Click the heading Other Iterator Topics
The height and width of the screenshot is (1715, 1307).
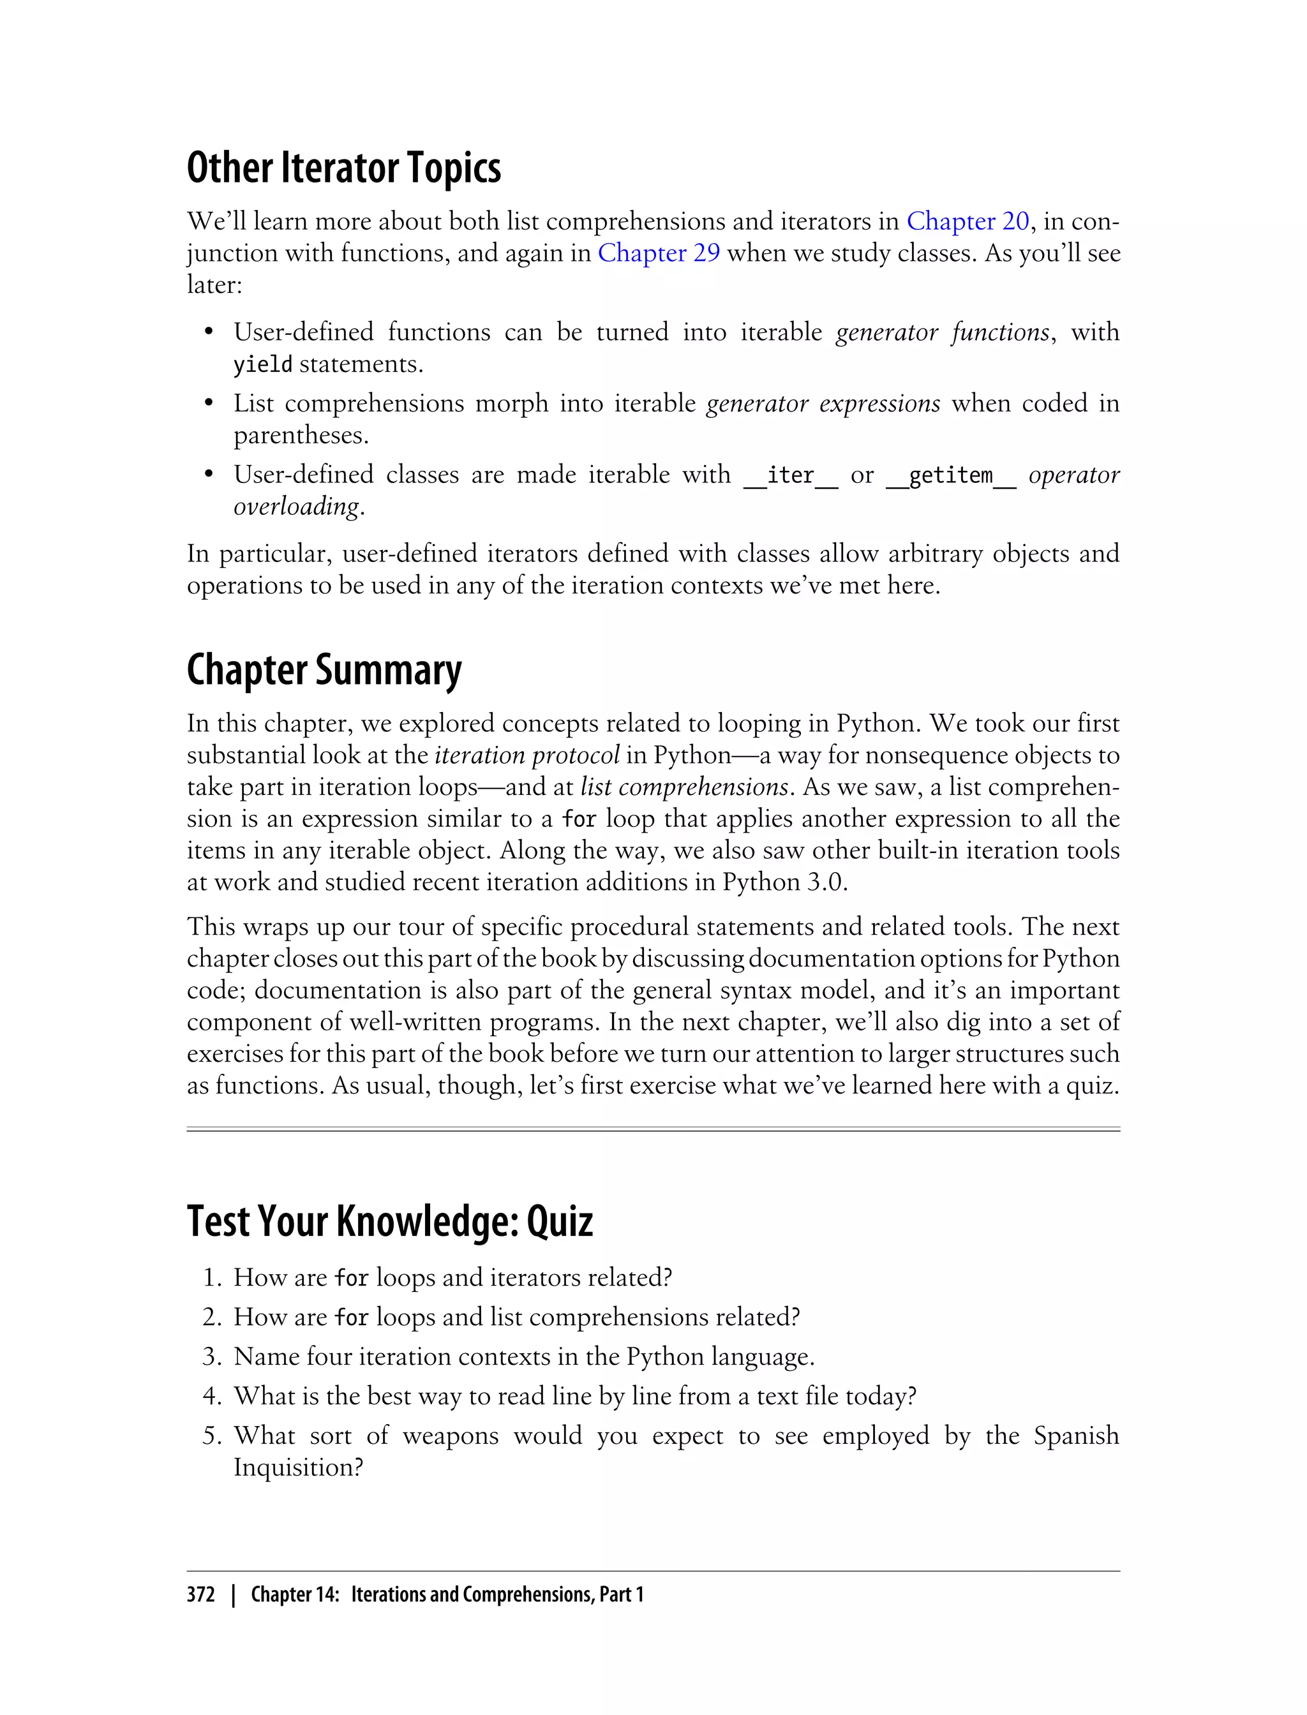click(343, 168)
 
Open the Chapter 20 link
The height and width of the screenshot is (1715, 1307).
click(967, 221)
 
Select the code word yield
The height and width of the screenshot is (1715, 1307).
click(262, 365)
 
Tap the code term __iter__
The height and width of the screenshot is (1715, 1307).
click(791, 475)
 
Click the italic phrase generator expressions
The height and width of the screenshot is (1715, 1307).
click(823, 404)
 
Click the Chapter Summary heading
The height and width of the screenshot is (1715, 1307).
click(324, 671)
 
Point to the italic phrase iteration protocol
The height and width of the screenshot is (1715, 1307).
click(527, 755)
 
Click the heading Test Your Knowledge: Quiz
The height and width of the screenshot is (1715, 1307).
click(389, 1221)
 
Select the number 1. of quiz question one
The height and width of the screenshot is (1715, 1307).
click(213, 1278)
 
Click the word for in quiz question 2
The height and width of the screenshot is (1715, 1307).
click(351, 1318)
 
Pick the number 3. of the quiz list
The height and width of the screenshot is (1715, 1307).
click(213, 1357)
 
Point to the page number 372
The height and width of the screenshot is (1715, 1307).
click(201, 1595)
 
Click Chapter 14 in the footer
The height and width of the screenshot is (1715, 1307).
click(294, 1595)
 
